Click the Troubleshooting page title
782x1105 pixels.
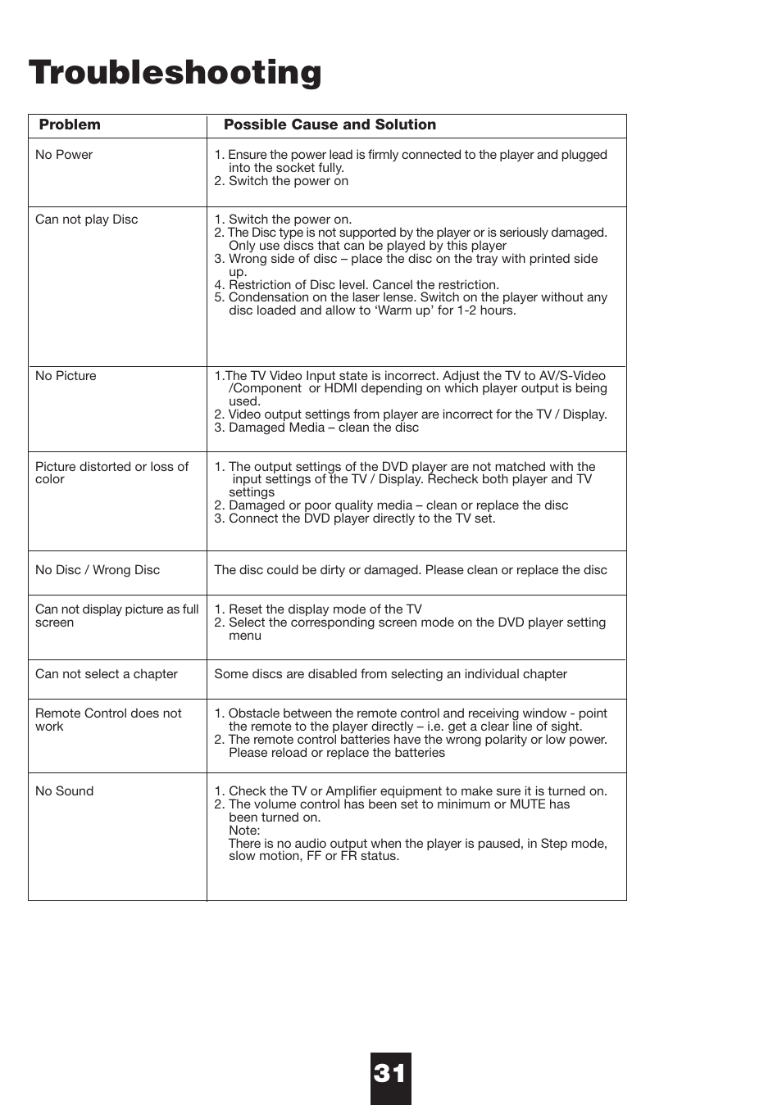pos(175,73)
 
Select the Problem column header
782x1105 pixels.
pos(70,125)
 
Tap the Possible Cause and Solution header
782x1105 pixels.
pos(330,125)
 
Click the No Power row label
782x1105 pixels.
pos(64,155)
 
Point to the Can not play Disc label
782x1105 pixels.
pos(86,220)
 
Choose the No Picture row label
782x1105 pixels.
pos(66,376)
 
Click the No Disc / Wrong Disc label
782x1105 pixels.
pos(98,570)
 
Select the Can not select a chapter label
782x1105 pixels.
pos(107,674)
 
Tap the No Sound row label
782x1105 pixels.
pos(64,791)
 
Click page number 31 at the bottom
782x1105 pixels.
pos(390,1074)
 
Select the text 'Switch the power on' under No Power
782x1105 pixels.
pos(288,181)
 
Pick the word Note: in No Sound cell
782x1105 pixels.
pos(243,830)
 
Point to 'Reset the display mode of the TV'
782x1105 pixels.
pos(325,609)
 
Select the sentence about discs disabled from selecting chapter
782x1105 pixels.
pos(390,674)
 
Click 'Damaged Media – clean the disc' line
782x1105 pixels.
pos(323,428)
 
